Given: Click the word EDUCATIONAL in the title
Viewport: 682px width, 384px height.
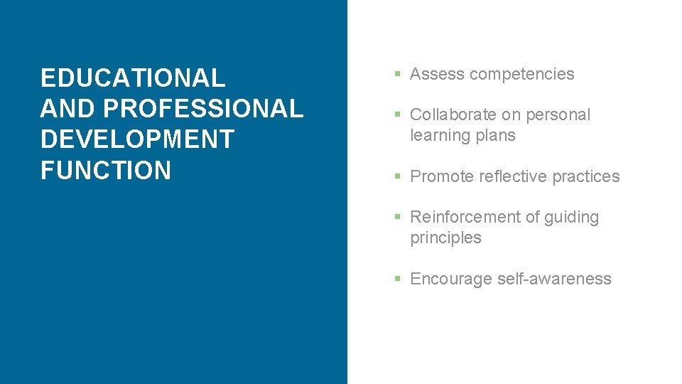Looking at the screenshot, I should pyautogui.click(x=133, y=77).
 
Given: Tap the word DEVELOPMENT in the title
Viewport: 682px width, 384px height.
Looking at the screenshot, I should pyautogui.click(x=137, y=139).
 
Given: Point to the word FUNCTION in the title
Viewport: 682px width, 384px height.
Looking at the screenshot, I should pyautogui.click(x=106, y=171).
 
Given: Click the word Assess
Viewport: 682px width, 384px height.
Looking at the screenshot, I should pyautogui.click(x=435, y=74).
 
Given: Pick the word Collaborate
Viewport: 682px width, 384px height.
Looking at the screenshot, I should pyautogui.click(x=454, y=114).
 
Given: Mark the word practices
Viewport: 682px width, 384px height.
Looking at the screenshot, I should pyautogui.click(x=587, y=176).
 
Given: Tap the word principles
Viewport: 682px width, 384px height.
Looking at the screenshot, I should pyautogui.click(x=445, y=238).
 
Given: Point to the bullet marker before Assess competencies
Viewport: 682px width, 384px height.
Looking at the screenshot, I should pyautogui.click(x=399, y=75).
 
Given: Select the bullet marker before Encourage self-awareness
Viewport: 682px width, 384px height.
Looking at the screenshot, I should pyautogui.click(x=399, y=279).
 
